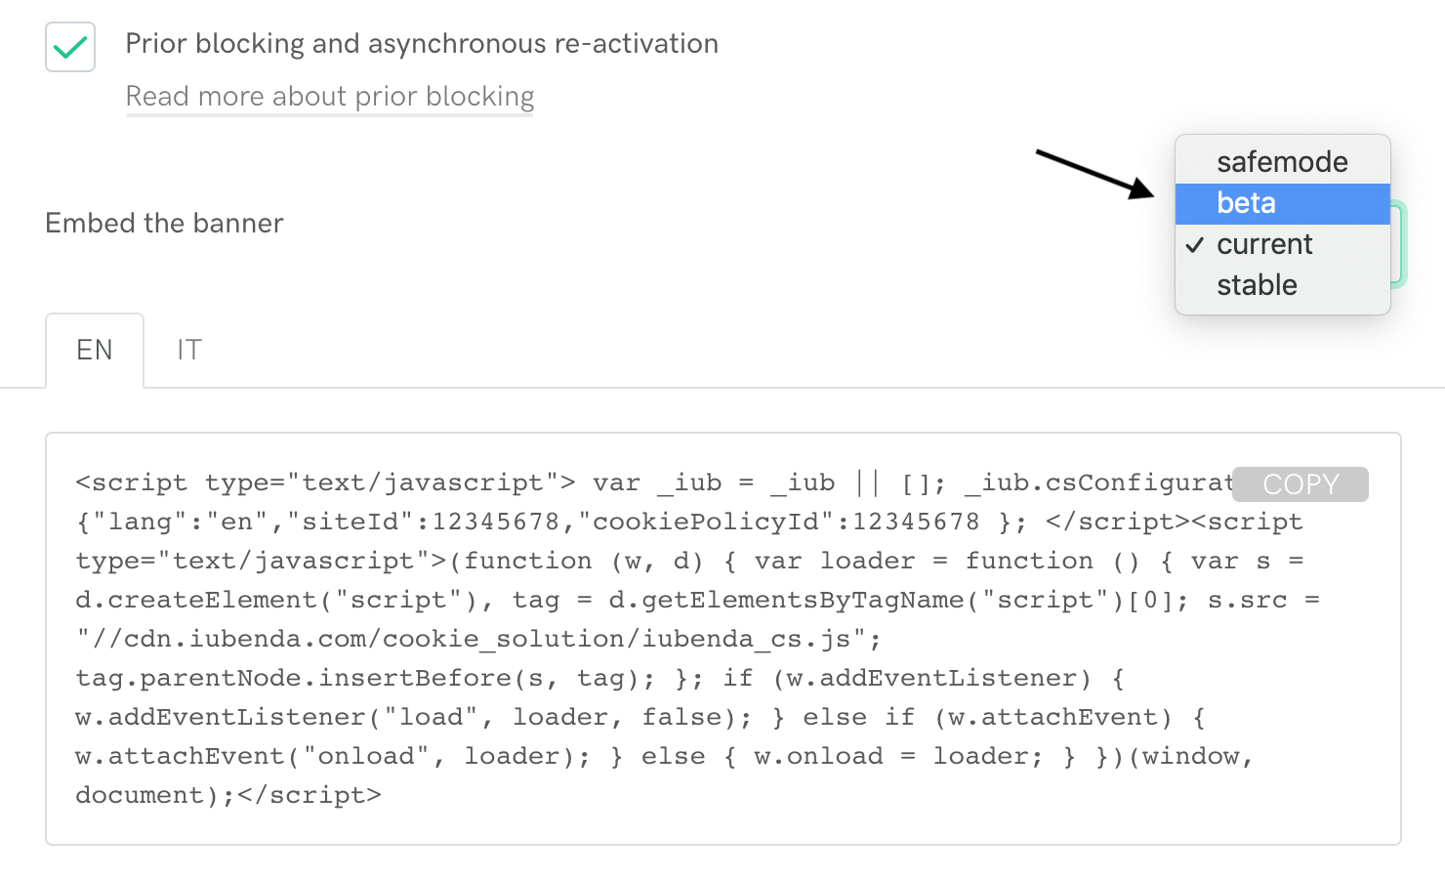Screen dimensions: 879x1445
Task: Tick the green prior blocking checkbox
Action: (70, 47)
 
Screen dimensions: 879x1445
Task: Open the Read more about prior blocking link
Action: (330, 97)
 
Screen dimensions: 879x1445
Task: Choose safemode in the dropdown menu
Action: (1282, 162)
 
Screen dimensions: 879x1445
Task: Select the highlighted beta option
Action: (1246, 203)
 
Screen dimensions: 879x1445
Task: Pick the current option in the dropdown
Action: (1264, 244)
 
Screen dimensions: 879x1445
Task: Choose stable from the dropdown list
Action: (1257, 285)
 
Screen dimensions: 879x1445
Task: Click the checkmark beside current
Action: (1195, 244)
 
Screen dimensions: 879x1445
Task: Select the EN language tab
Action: (95, 350)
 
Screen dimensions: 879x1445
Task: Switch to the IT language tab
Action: (189, 350)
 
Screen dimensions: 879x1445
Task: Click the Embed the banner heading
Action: (164, 224)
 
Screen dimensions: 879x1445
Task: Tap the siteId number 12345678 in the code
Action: (495, 522)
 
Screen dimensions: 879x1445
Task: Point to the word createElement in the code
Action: (213, 600)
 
